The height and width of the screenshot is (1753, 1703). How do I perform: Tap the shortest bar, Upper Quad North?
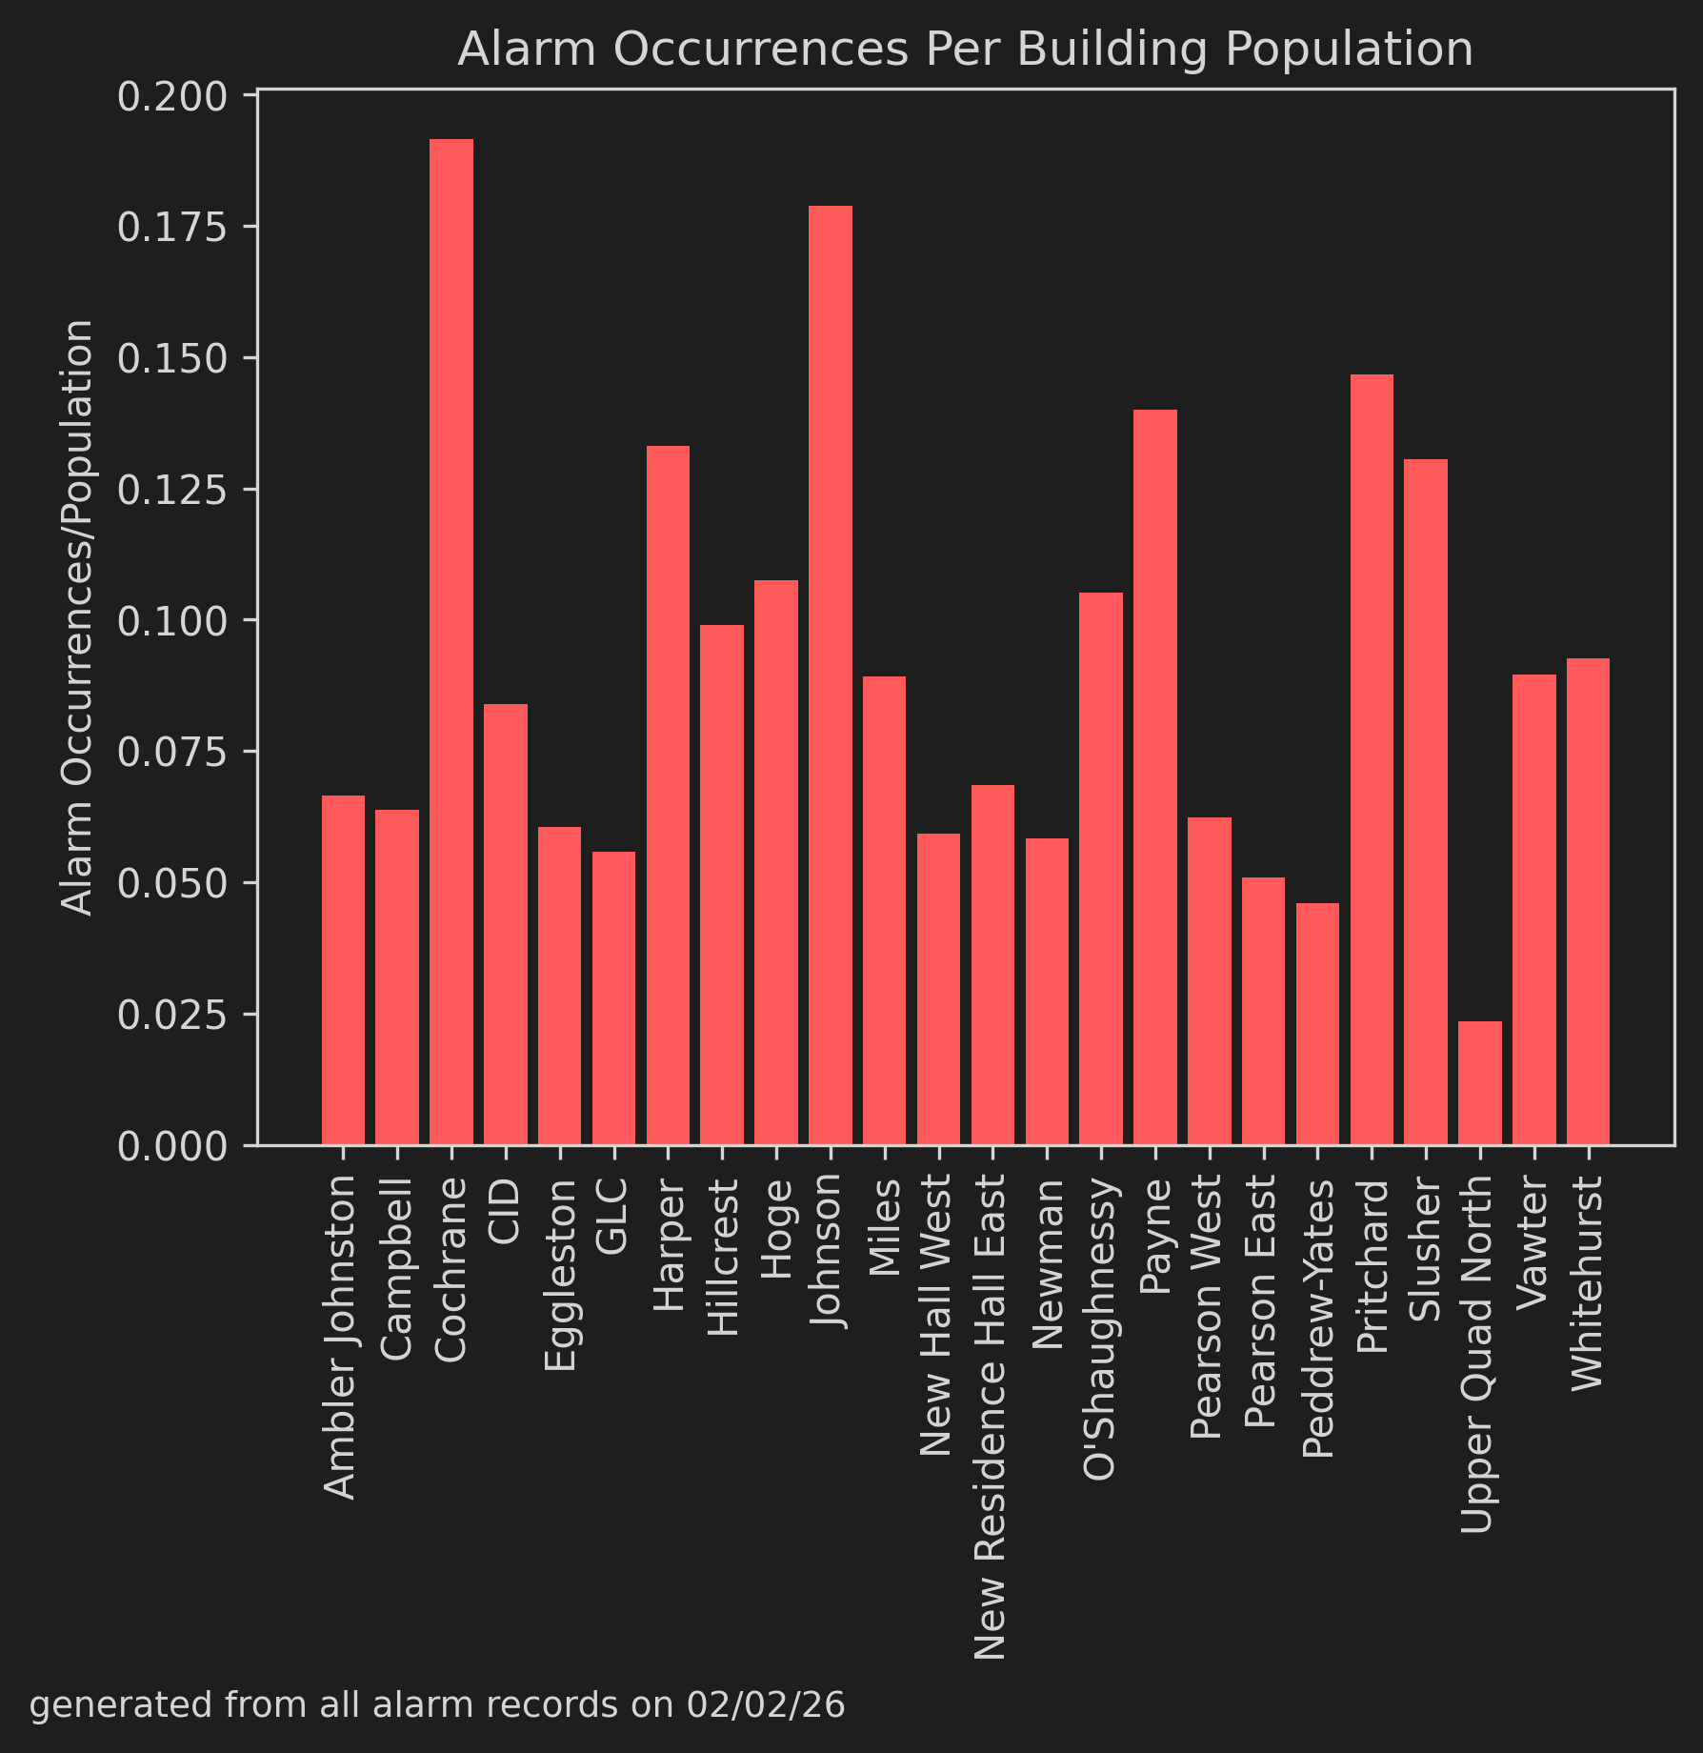click(1480, 1082)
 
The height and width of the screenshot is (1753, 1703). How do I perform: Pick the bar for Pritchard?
click(1372, 759)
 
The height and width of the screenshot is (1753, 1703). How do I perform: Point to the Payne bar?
click(1155, 776)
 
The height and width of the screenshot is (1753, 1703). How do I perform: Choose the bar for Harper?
click(668, 795)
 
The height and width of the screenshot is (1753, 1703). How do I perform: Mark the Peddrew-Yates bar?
click(1317, 1023)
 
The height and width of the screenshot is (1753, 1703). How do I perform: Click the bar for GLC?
click(613, 997)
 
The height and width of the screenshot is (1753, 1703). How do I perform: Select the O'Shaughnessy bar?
click(1101, 868)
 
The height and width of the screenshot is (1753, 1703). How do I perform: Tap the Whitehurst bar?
click(1588, 901)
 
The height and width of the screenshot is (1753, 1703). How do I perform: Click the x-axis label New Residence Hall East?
click(992, 1417)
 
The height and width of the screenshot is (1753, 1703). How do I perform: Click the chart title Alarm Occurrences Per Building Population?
click(965, 50)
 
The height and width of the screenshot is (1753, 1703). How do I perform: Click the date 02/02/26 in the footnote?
click(766, 1705)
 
